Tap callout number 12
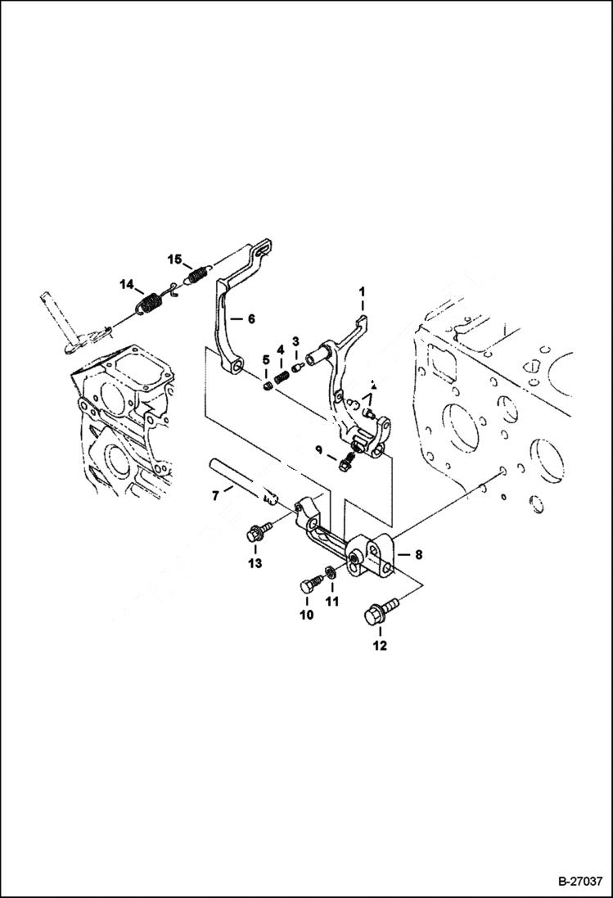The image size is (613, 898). coord(379,646)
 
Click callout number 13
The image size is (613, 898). coord(256,564)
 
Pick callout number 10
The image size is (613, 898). coord(307,616)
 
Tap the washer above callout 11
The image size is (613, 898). coord(330,570)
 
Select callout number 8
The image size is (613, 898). coord(417,554)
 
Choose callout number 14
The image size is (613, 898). coord(127,284)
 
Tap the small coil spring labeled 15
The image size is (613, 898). coord(196,275)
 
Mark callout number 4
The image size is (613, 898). coord(280,350)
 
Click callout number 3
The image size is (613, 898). coord(296,341)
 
